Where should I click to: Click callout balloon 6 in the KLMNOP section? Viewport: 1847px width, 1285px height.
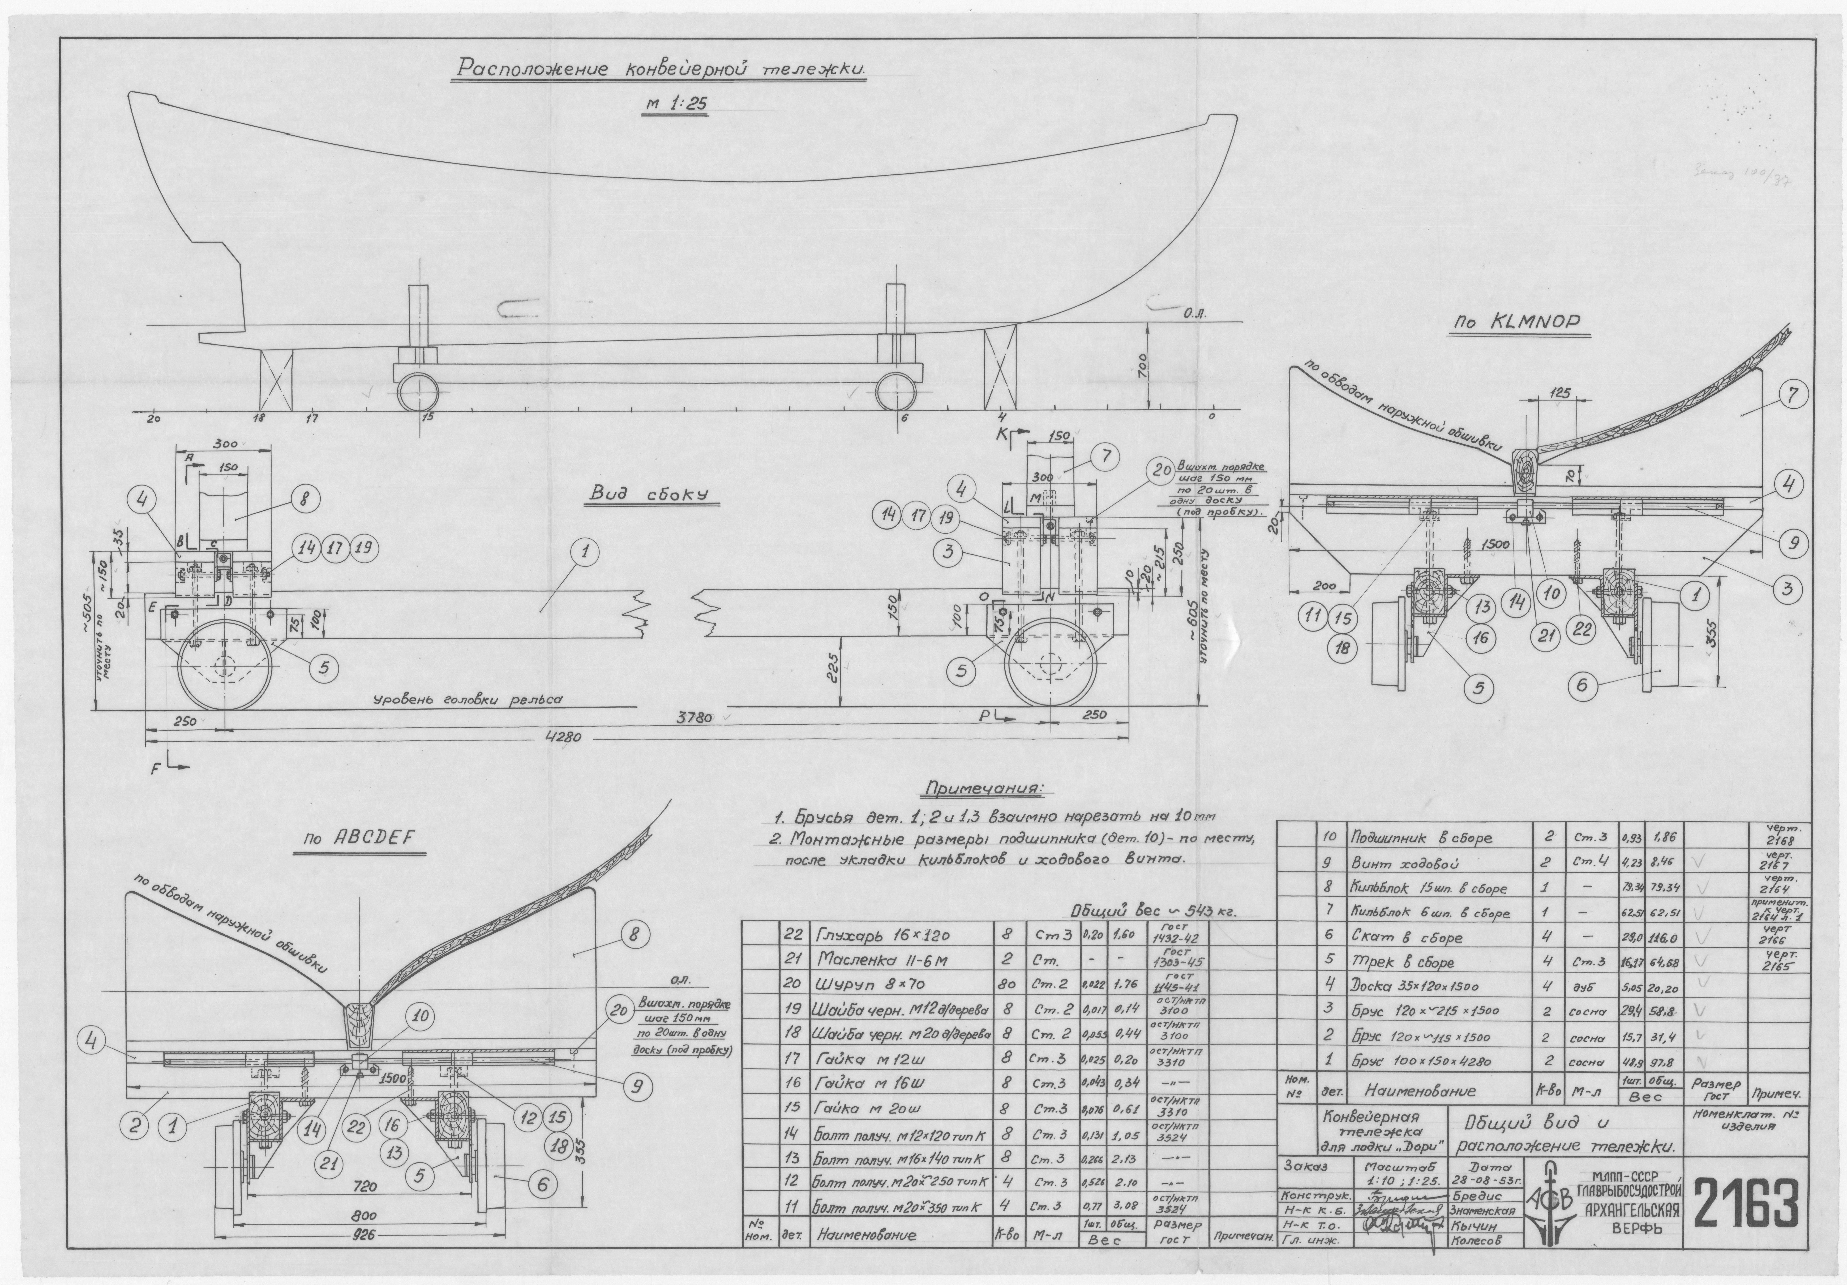pos(1582,685)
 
